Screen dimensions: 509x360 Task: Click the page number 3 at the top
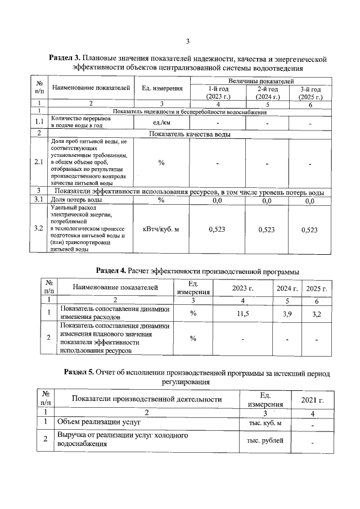pyautogui.click(x=188, y=40)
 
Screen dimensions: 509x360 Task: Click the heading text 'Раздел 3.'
pyautogui.click(x=65, y=58)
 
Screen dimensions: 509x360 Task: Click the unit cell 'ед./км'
pyautogui.click(x=161, y=123)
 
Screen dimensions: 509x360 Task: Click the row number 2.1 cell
pyautogui.click(x=39, y=163)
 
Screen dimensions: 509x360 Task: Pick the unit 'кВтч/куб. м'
pyautogui.click(x=161, y=229)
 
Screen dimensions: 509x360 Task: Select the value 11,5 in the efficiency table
pyautogui.click(x=243, y=313)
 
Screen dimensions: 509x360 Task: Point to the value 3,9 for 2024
pyautogui.click(x=287, y=313)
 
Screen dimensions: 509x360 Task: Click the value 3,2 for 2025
pyautogui.click(x=317, y=313)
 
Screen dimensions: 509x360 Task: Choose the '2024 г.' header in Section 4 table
pyautogui.click(x=287, y=288)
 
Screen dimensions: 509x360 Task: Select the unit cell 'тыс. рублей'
pyautogui.click(x=265, y=440)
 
